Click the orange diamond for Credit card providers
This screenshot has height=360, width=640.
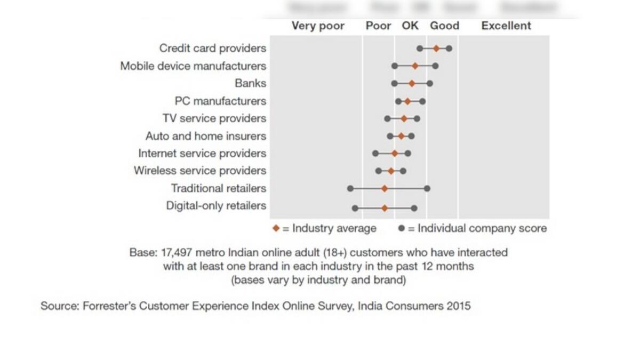pos(436,49)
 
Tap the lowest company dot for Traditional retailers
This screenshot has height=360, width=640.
pos(350,188)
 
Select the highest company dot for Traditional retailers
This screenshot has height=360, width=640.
pos(427,188)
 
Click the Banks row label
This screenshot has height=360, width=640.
pos(250,83)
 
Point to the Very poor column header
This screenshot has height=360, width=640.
pos(318,26)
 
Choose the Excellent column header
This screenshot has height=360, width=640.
pos(506,26)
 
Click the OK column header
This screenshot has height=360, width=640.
pos(410,26)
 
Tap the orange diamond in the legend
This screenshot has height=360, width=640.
pos(276,228)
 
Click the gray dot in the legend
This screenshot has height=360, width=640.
pos(402,228)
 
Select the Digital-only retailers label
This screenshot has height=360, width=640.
pos(216,206)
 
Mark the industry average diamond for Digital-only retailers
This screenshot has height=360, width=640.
pos(385,208)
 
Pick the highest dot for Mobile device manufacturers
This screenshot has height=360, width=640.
pos(436,66)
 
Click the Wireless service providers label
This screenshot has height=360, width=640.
pos(199,171)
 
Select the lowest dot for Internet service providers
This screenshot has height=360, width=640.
pos(375,153)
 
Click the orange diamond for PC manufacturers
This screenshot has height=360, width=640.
pos(407,101)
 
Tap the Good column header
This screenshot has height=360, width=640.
pos(444,26)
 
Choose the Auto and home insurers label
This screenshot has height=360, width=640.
pos(205,136)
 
